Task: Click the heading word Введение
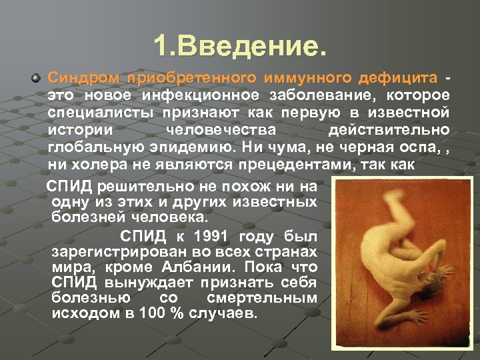point(251,46)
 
